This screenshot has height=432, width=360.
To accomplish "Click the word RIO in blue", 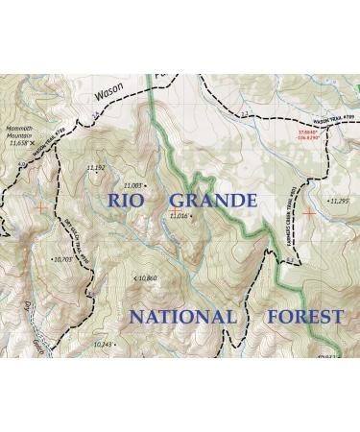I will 130,201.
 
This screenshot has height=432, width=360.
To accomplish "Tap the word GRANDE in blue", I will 213,201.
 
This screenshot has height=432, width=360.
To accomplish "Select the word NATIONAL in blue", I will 182,317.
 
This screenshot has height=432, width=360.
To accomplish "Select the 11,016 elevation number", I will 179,216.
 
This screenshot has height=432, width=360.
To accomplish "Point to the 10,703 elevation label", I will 63,258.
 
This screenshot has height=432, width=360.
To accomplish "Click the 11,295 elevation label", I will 338,201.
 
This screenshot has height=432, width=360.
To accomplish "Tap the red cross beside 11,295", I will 307,208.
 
